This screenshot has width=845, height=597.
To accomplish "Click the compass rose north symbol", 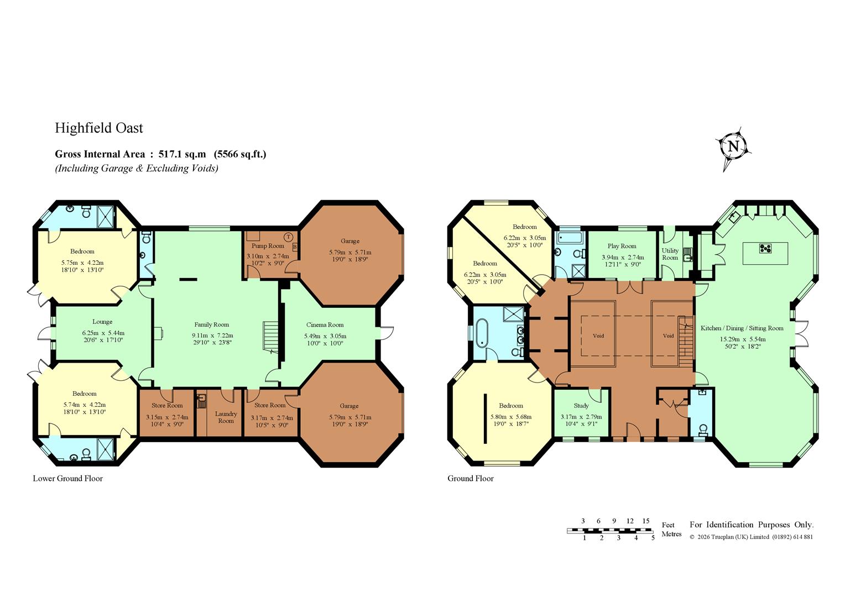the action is point(733,147).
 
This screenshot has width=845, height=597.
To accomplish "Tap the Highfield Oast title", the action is point(99,128).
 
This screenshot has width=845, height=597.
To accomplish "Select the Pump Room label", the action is point(268,246).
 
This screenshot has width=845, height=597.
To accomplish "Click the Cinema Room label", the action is point(325,324).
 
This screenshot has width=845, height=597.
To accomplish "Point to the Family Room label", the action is point(212,324).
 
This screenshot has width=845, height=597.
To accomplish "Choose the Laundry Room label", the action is point(226,417).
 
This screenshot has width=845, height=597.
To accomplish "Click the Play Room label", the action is point(622,246).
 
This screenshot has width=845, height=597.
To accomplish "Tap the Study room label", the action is point(581,405).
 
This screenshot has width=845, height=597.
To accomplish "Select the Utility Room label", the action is point(670,254).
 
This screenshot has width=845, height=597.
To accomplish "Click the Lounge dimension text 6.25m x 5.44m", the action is point(103,333).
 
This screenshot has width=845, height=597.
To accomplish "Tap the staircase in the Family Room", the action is point(270,337).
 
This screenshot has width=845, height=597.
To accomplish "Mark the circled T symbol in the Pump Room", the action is point(288,237).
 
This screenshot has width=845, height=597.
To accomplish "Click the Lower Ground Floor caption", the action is point(68,479).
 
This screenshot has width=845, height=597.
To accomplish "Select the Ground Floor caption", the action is point(471,479).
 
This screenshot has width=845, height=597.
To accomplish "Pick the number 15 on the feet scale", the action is point(646,521).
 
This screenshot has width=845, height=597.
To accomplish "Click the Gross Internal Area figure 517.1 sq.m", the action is point(182,154).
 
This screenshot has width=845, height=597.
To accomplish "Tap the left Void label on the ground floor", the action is point(598,336).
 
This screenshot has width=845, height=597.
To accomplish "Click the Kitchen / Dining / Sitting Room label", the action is point(742,328).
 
